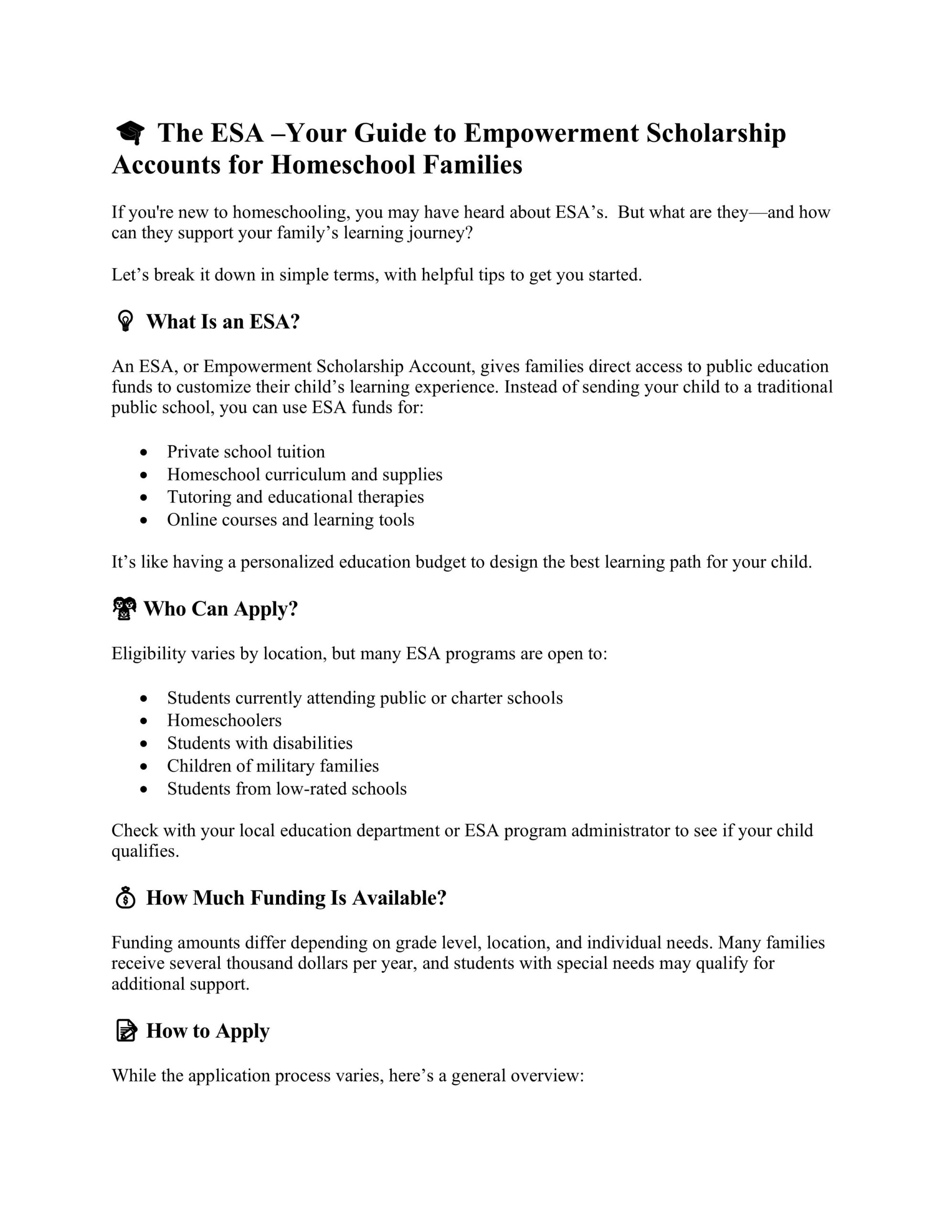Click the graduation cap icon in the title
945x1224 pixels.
tap(130, 133)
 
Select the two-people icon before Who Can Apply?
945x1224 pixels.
tap(124, 609)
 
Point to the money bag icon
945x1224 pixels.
tap(126, 897)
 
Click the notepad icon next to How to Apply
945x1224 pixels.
tap(126, 1031)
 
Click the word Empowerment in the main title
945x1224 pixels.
tap(551, 133)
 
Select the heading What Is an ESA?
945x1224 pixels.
tap(223, 322)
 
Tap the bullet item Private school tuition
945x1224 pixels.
tap(246, 452)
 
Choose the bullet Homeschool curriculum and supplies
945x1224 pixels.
tap(304, 475)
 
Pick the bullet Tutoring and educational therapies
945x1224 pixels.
tap(295, 497)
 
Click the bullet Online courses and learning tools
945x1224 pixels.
tap(290, 520)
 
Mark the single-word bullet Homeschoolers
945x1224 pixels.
tap(224, 720)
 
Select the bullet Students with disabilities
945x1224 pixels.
tap(259, 743)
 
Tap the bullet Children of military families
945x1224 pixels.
tap(273, 766)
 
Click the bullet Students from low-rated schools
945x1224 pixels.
tap(286, 789)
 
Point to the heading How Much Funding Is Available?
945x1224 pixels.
tap(296, 898)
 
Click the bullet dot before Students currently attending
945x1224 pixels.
tap(145, 699)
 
